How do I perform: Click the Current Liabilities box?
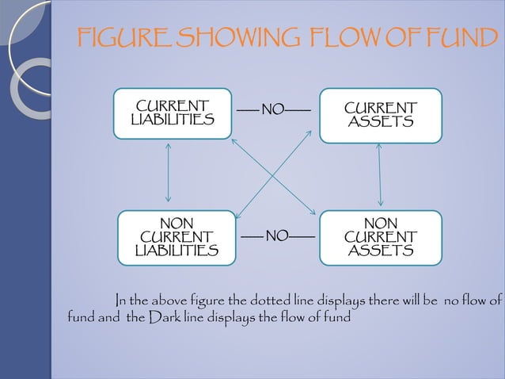173,113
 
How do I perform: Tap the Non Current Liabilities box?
177,236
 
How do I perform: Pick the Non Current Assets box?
380,236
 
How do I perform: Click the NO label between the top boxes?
274,109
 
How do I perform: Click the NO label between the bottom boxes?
277,235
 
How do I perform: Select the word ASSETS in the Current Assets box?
380,123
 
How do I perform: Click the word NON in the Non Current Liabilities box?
177,224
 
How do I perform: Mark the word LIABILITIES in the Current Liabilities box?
173,120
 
